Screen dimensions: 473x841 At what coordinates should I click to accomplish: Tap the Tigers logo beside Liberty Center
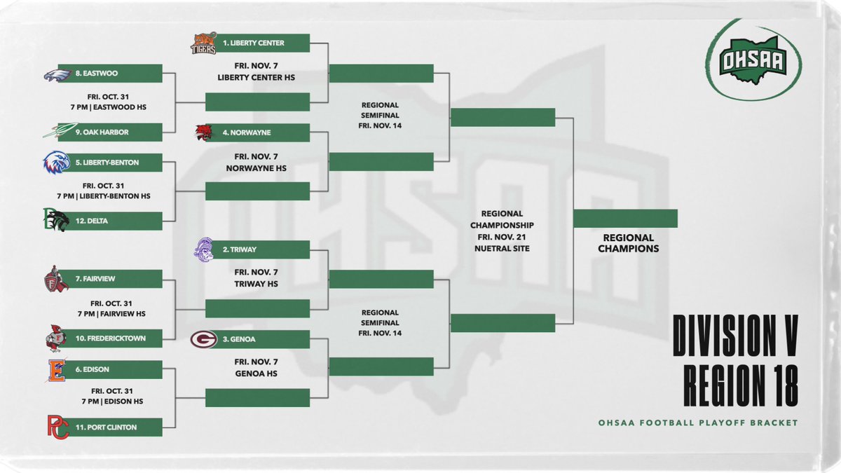[203, 43]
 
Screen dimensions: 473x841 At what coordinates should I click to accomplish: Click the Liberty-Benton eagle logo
[57, 163]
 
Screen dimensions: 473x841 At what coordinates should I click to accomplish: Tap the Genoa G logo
[203, 339]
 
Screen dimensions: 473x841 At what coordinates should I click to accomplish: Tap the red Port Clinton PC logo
[57, 427]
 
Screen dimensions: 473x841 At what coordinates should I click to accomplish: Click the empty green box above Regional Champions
[625, 219]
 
